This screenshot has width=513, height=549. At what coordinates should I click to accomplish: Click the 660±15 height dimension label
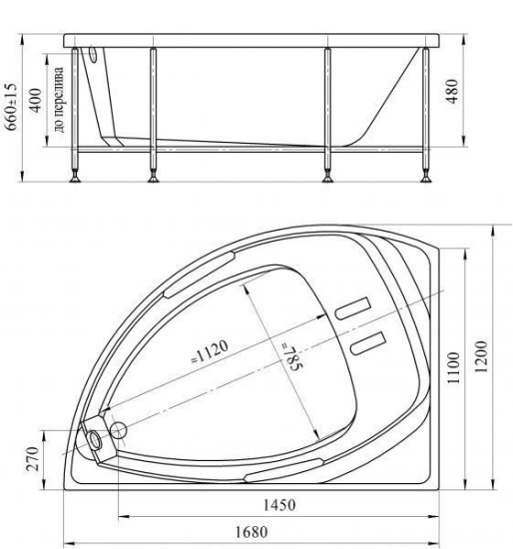click(x=12, y=106)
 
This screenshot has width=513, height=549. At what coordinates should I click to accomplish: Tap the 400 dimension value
click(x=36, y=101)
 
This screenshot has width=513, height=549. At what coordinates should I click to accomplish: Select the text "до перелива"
click(x=59, y=100)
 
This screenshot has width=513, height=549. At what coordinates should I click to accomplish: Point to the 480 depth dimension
click(x=452, y=92)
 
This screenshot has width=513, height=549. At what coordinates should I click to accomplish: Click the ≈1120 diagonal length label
click(x=210, y=351)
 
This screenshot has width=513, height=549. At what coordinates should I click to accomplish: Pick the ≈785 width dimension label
click(x=292, y=357)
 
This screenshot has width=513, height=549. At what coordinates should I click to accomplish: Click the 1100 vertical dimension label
click(x=453, y=367)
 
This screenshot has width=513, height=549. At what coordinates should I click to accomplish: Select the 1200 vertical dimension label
click(x=482, y=356)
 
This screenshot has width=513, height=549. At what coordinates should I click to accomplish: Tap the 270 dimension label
click(x=33, y=459)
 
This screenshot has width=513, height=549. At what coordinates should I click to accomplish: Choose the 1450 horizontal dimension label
click(x=279, y=505)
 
